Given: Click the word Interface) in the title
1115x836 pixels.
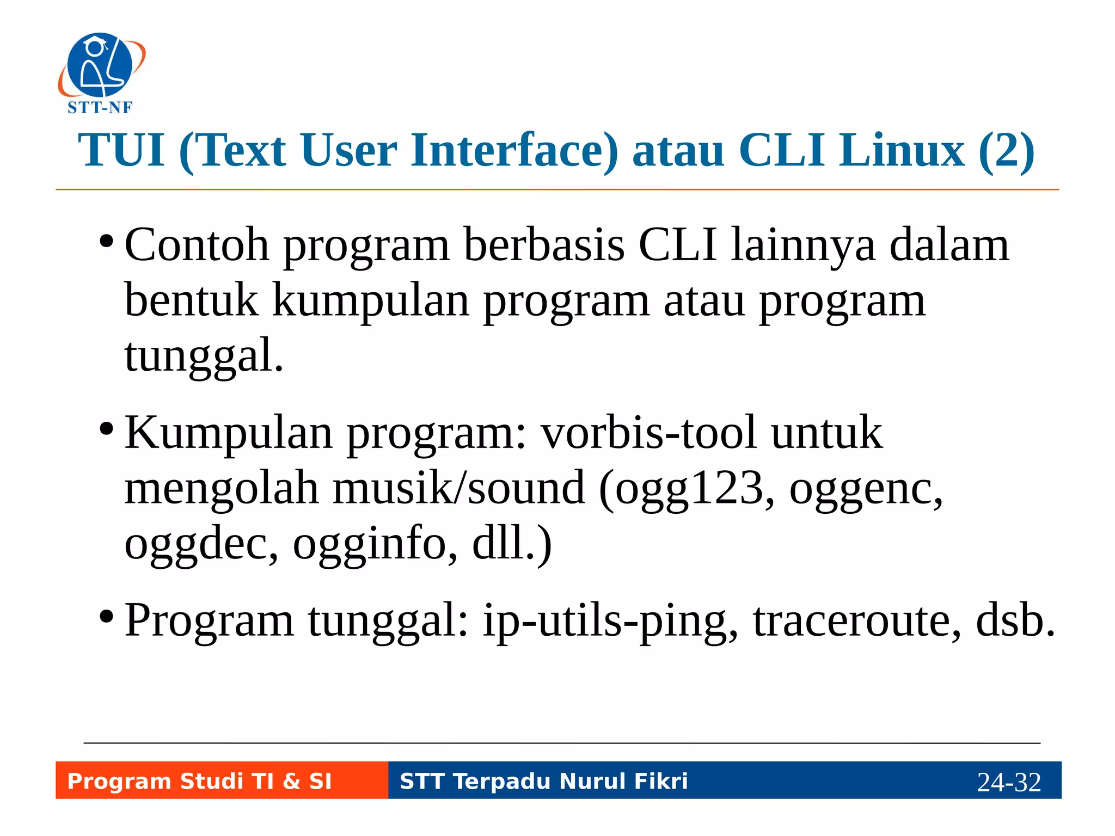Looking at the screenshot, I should (514, 150).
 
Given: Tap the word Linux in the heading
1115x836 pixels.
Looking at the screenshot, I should (902, 150).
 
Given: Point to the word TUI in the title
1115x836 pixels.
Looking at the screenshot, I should (121, 150).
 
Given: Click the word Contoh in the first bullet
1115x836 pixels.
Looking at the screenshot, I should (197, 245).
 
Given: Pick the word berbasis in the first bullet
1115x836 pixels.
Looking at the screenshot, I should (544, 245).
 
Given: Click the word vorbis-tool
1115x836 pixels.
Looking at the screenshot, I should (648, 433).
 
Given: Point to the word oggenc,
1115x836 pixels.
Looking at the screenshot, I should (866, 489).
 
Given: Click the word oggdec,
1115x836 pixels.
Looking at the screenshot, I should (201, 544).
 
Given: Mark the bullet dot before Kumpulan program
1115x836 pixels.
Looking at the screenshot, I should (107, 429).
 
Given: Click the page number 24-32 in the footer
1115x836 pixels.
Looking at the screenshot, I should (1009, 782).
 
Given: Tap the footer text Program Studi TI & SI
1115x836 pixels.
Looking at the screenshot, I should (199, 781).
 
